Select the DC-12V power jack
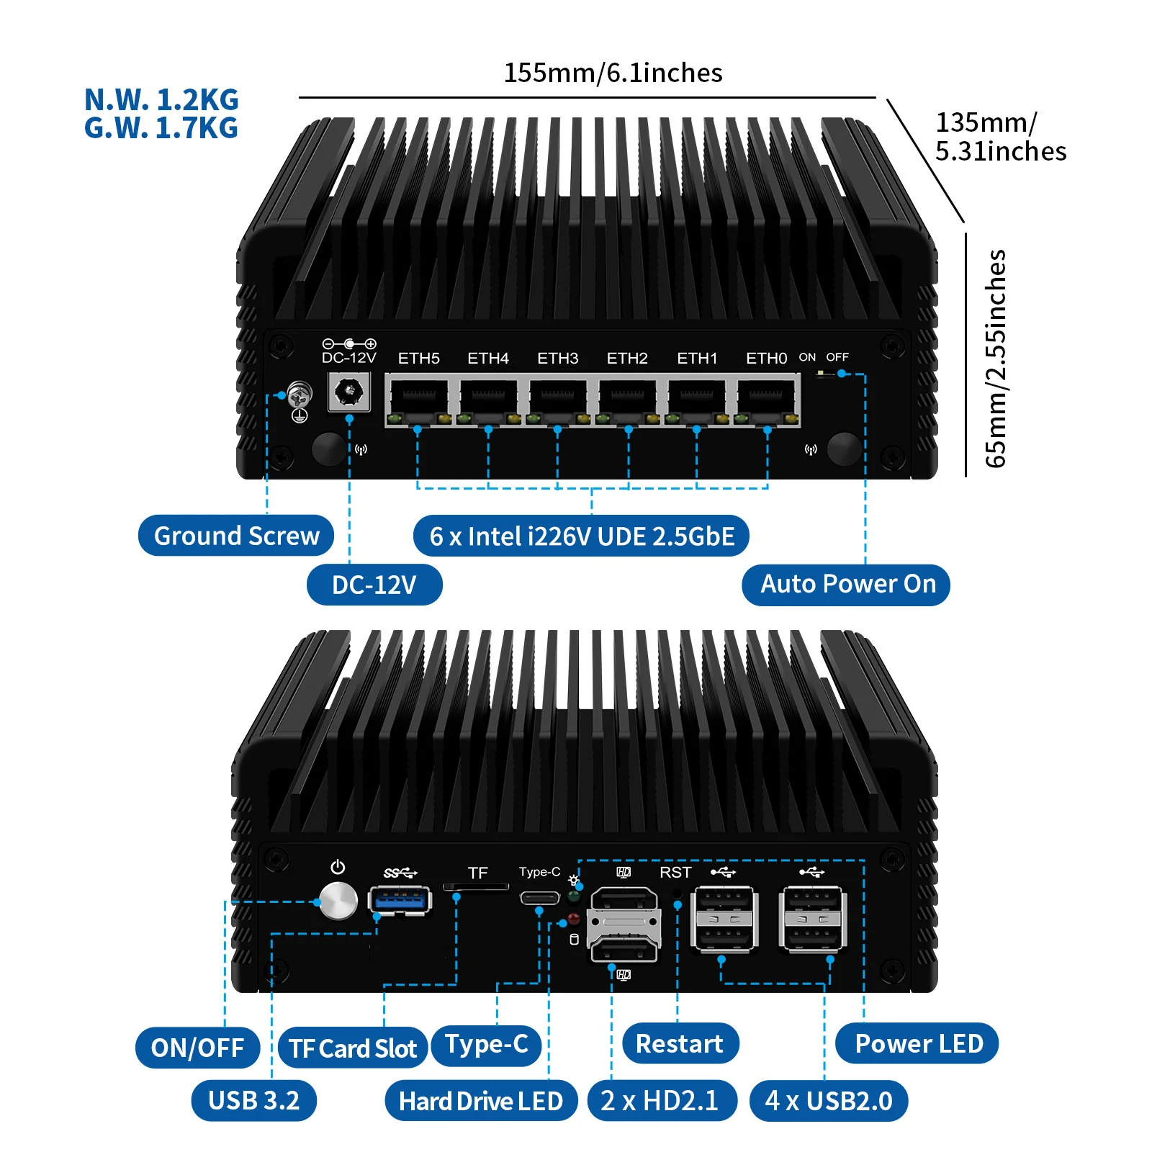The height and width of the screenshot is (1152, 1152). tap(349, 392)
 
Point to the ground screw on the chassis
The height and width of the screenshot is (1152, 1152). tap(300, 394)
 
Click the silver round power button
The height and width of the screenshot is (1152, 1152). tap(338, 901)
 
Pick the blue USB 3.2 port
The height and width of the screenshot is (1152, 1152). tap(400, 899)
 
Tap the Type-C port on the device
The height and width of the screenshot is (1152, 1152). tap(539, 898)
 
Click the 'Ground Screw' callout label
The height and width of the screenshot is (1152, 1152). tap(236, 536)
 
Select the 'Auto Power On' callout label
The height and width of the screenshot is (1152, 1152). tap(847, 584)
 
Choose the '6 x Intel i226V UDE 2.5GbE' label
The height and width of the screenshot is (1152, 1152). tap(581, 536)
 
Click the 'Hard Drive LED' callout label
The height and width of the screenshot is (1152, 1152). tap(481, 1101)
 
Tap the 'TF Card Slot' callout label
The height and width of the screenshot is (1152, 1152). tap(353, 1048)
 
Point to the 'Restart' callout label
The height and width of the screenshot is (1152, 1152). tap(680, 1043)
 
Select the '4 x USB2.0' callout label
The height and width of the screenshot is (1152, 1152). tap(829, 1101)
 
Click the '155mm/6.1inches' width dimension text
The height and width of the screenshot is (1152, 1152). tap(613, 73)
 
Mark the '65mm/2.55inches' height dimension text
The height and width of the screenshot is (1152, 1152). tap(996, 358)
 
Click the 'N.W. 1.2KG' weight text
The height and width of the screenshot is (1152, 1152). tap(161, 100)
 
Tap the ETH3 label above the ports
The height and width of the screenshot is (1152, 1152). tap(557, 358)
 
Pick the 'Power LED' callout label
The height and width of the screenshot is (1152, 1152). tap(918, 1043)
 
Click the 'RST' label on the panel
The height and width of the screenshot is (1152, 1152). tap(675, 873)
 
